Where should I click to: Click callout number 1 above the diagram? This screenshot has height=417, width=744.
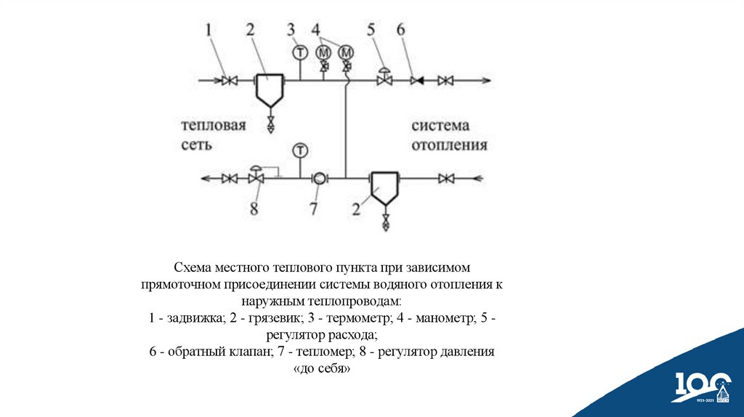(208, 30)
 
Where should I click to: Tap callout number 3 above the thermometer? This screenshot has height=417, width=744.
(291, 30)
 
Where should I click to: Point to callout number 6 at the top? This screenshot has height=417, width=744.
(401, 30)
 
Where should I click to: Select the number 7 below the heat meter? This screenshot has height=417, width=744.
(314, 209)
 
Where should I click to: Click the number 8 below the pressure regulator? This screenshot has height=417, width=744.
(254, 209)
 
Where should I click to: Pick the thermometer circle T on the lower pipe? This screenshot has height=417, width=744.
(299, 150)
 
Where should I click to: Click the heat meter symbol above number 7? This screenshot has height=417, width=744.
(318, 177)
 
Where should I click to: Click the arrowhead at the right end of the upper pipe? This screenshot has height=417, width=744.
(486, 80)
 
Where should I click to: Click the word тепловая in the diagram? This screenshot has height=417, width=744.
(214, 126)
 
